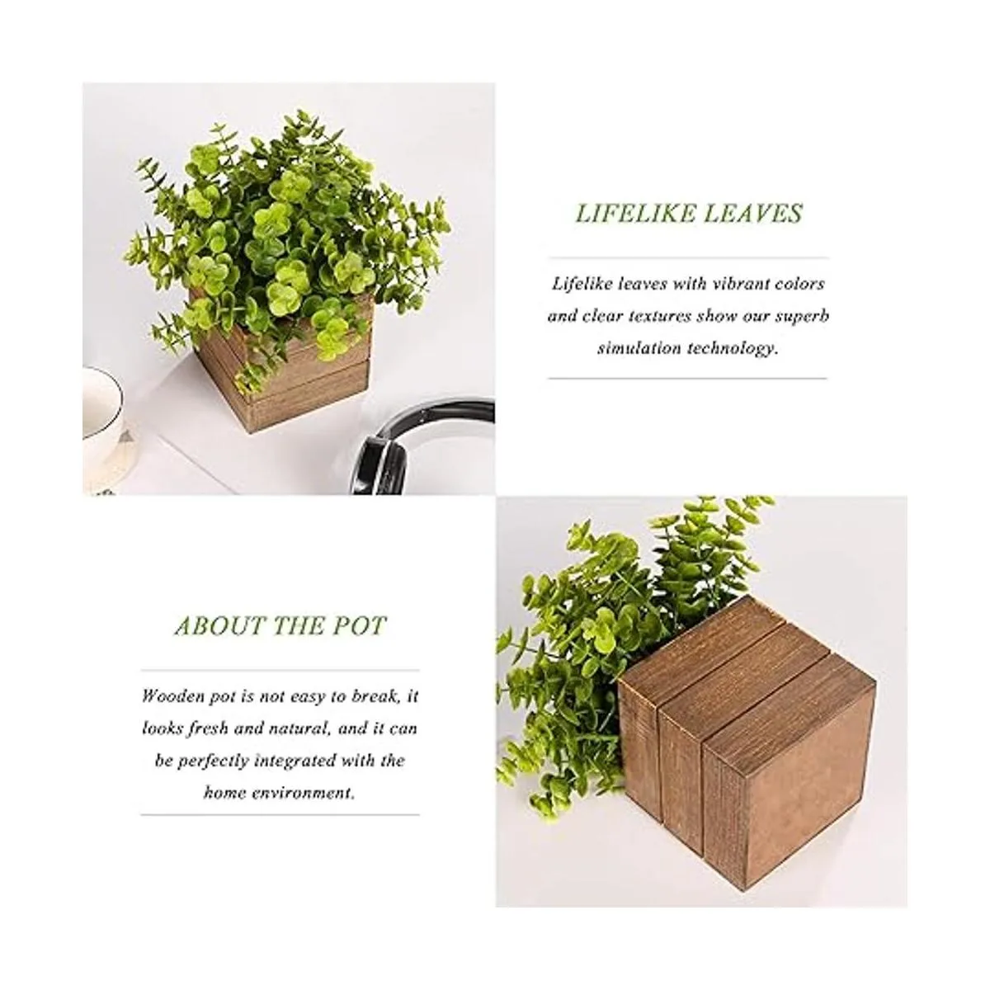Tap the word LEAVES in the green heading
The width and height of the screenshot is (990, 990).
tap(753, 213)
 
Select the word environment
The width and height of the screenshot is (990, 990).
tap(302, 793)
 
